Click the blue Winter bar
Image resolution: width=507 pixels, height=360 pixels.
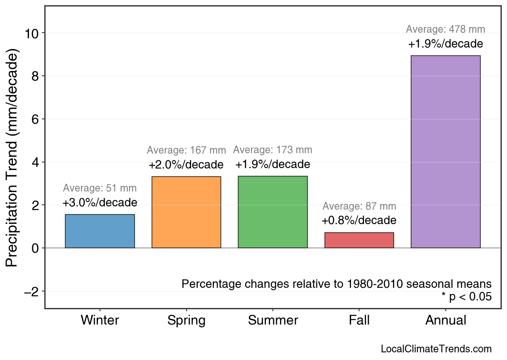point(100,231)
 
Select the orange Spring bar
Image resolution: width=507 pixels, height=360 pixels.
point(186,212)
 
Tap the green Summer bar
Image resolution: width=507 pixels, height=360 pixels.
point(273,212)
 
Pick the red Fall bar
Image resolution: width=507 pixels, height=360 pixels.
point(359,240)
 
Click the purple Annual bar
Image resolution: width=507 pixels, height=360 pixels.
point(445,152)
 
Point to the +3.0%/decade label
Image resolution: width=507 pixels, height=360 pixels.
point(100,202)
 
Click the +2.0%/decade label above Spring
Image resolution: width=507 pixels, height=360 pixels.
point(186,165)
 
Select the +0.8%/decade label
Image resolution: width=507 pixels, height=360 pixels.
point(359,221)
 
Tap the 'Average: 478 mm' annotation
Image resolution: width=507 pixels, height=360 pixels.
point(445,29)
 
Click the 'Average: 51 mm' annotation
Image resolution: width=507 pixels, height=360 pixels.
point(100,188)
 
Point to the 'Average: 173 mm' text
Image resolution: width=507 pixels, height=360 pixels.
point(272,150)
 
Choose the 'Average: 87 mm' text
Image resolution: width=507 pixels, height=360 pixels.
point(359,206)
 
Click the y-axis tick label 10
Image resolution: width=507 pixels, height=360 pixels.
point(31,33)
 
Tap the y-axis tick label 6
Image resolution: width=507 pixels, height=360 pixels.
point(35,119)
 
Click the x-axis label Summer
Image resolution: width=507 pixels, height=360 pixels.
point(273,320)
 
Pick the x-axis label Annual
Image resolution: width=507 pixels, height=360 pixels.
point(446,320)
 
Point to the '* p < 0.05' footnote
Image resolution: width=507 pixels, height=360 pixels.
point(466,297)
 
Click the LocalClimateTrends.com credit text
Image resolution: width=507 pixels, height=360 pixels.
point(436,349)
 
